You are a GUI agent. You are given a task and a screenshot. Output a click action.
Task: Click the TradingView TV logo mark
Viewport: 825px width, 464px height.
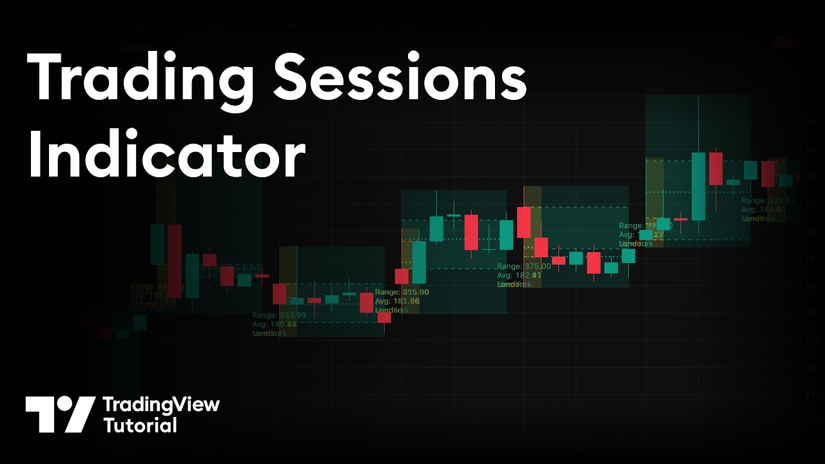click(60, 414)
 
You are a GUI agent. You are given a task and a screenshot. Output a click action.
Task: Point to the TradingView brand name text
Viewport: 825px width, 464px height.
click(161, 405)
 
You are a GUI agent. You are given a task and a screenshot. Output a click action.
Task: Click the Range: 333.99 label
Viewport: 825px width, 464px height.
click(278, 315)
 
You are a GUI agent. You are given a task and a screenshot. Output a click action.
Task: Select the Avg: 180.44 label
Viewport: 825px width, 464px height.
click(275, 324)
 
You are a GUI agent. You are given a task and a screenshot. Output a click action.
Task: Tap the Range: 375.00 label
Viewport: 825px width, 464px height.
click(523, 266)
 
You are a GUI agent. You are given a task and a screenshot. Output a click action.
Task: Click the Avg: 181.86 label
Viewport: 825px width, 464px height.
click(397, 301)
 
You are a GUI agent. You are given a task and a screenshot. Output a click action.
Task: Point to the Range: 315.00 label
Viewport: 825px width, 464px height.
click(402, 292)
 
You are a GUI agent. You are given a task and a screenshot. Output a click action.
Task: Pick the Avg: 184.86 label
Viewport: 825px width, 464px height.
click(763, 209)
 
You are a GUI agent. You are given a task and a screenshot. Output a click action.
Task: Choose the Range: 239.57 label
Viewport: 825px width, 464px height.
click(768, 200)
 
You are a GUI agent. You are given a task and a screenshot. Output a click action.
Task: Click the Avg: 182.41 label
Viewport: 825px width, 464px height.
click(519, 275)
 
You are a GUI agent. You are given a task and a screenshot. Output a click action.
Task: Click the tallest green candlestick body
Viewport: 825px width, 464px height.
click(698, 186)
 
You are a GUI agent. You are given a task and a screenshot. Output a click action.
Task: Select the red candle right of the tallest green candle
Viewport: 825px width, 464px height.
click(715, 169)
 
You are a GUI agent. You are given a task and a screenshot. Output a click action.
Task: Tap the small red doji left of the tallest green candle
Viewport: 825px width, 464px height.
click(681, 219)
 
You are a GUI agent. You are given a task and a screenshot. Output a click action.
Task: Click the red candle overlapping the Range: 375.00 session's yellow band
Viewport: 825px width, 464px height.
click(523, 222)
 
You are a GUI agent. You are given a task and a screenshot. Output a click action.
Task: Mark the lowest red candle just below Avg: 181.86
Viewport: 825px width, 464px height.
click(384, 317)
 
